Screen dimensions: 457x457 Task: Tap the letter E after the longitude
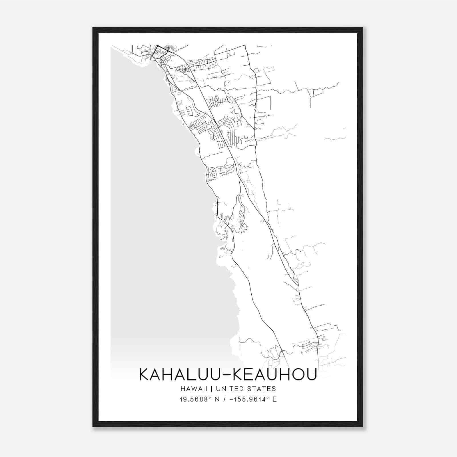275,399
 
